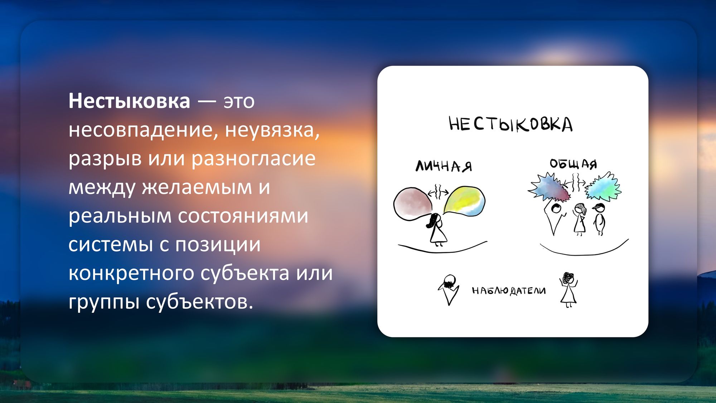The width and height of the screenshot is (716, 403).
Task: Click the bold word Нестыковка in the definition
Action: point(129,101)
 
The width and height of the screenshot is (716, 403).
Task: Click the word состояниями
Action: point(243,216)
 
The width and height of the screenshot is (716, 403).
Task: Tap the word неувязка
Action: point(272,130)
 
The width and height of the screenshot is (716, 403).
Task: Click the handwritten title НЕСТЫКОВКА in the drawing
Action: point(511,124)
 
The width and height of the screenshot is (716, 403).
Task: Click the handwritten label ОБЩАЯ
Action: point(574,164)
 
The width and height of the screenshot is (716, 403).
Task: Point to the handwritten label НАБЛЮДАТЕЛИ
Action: point(509,291)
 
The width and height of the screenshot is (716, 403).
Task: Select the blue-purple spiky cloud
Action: point(550,187)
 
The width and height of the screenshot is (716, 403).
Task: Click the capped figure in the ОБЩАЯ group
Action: point(599,219)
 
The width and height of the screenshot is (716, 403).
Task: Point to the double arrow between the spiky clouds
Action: point(575,183)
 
